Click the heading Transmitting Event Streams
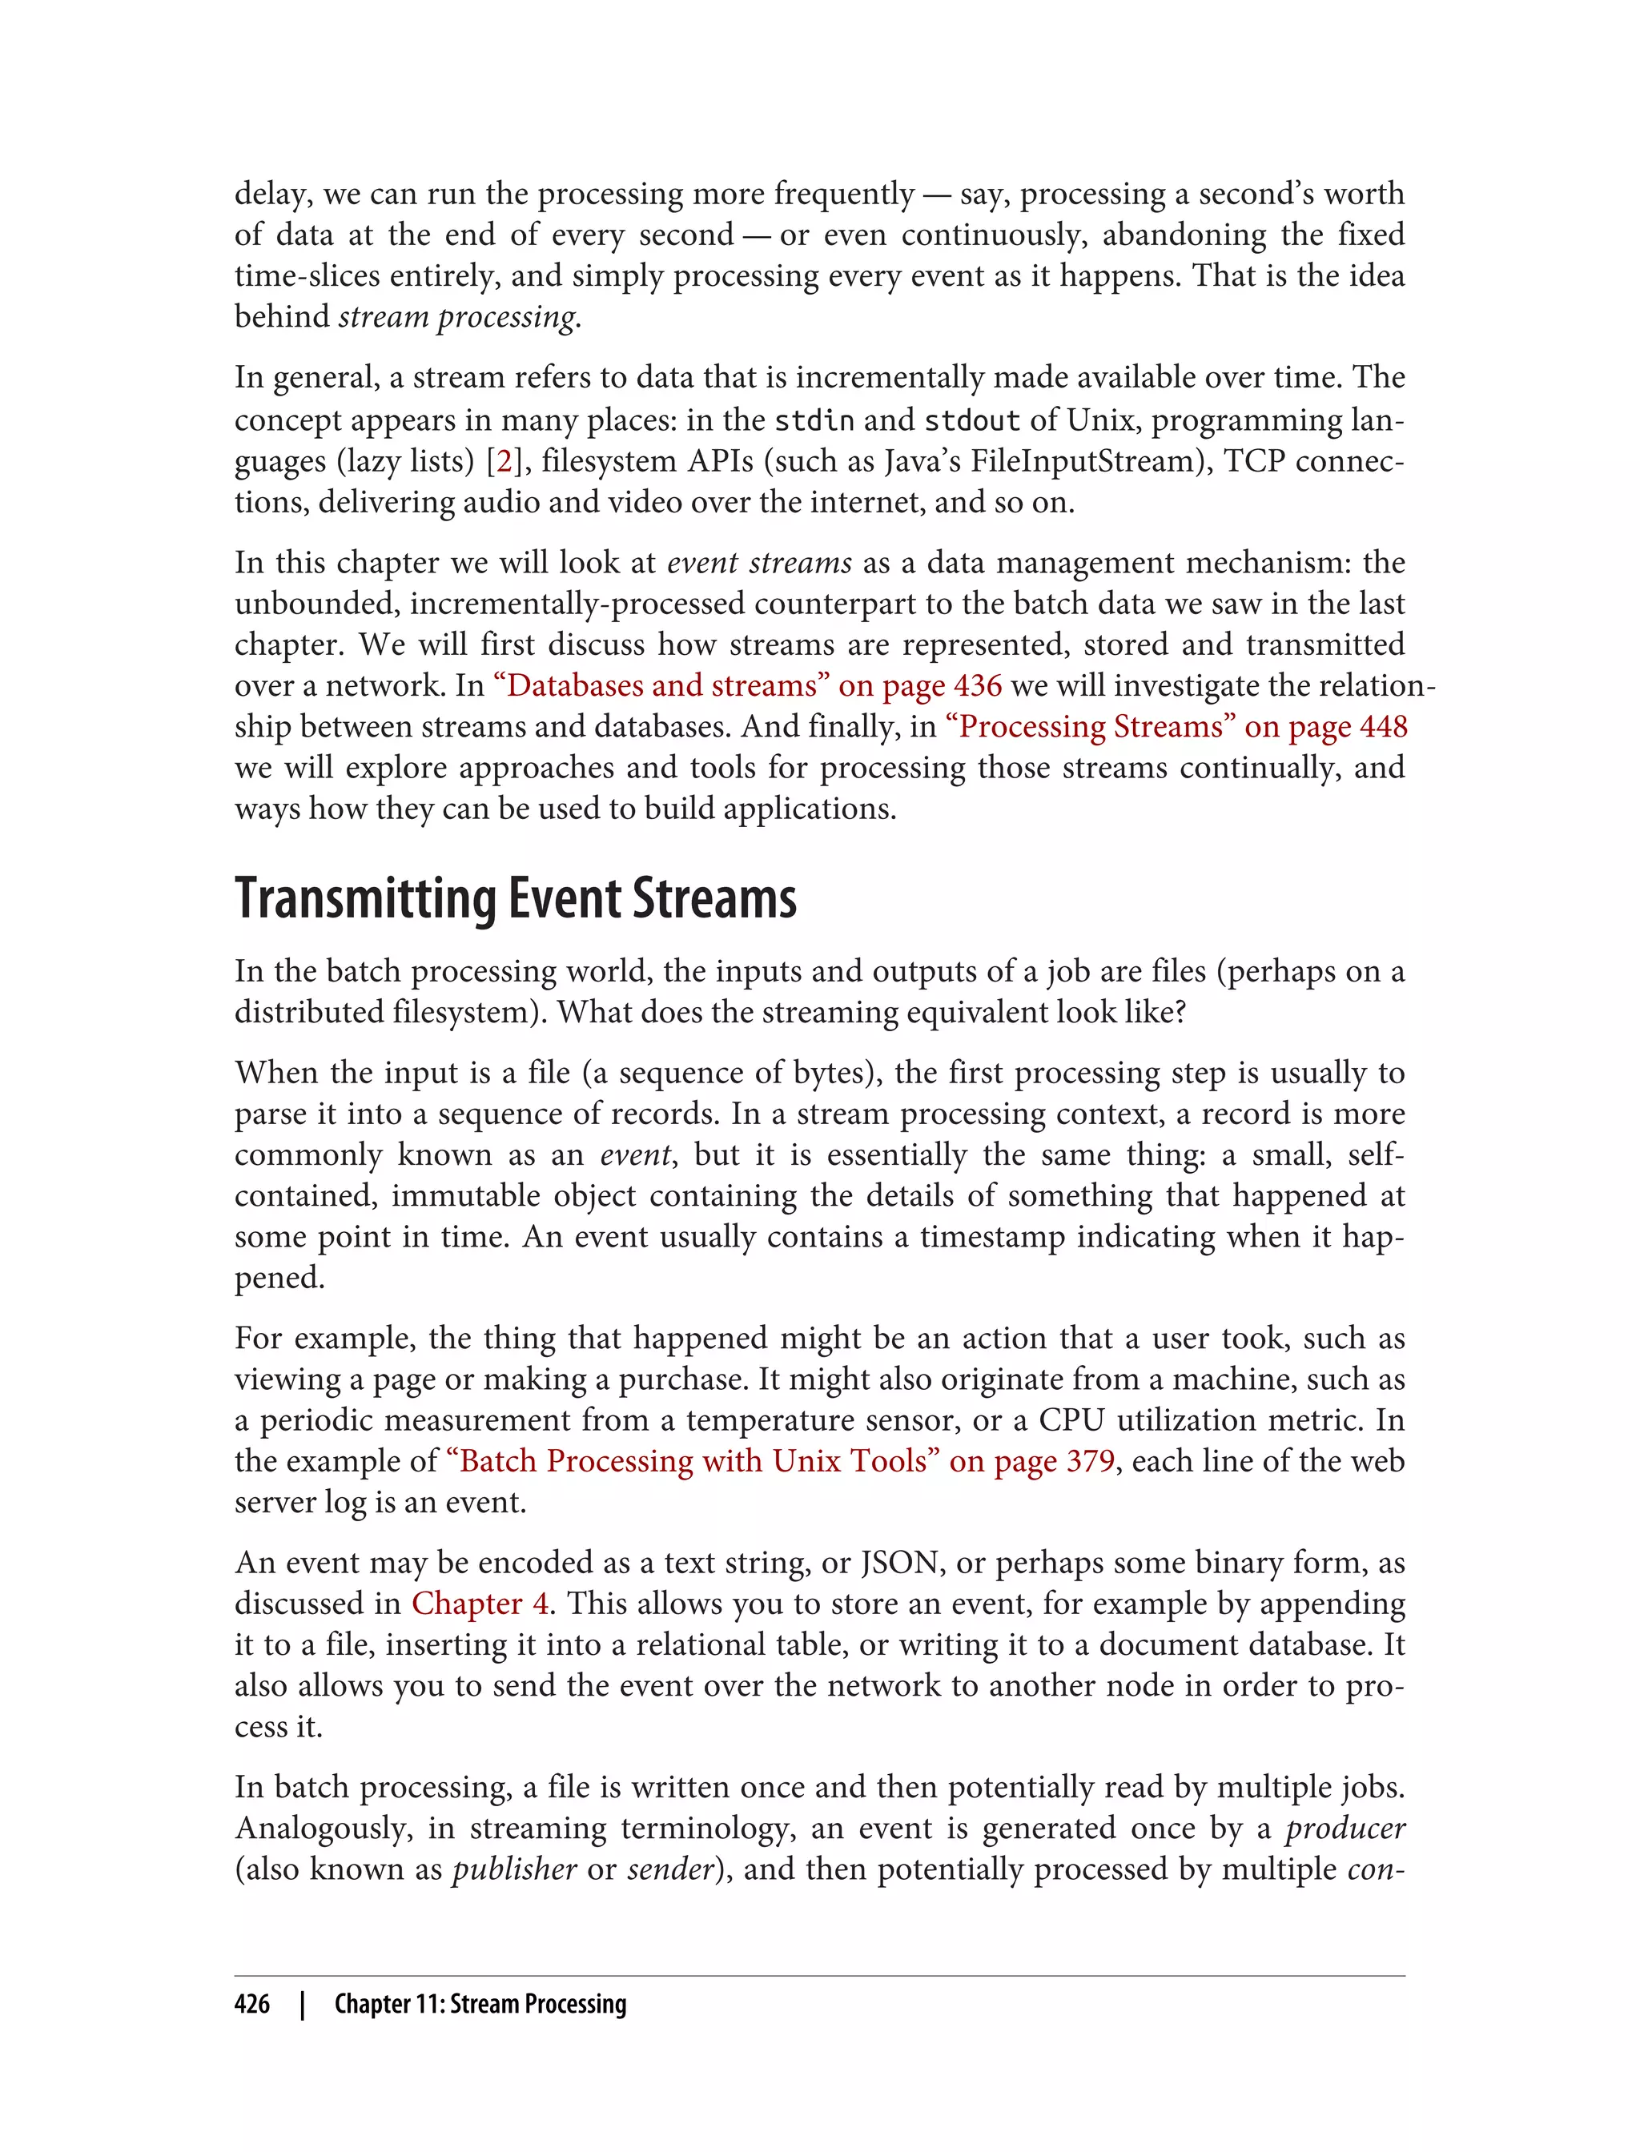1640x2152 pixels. click(x=516, y=899)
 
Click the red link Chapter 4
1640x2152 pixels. click(x=480, y=1604)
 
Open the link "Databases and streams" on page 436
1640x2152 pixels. click(x=748, y=685)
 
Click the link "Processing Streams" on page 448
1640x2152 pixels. click(x=1176, y=726)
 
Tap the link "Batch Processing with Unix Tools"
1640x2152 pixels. click(x=780, y=1461)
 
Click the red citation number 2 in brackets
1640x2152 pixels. click(x=504, y=460)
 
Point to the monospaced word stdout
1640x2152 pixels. click(x=971, y=420)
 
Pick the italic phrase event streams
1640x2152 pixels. click(x=759, y=563)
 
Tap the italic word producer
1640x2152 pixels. click(x=1345, y=1828)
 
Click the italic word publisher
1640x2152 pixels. click(x=514, y=1869)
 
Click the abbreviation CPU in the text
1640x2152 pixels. click(x=1072, y=1420)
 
